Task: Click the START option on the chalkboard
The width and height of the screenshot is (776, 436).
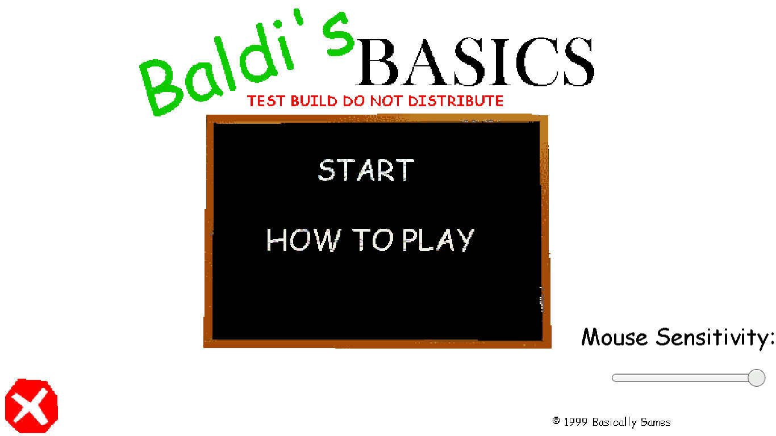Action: [x=366, y=170]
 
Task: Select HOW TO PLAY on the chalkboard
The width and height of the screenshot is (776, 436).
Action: [x=370, y=240]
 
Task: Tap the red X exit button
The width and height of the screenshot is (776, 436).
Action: [x=32, y=405]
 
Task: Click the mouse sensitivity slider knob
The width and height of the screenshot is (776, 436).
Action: [x=756, y=378]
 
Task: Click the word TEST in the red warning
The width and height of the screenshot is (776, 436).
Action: [x=266, y=101]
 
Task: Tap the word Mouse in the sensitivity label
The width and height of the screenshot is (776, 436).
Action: [x=615, y=337]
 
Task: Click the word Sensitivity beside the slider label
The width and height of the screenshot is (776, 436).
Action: [x=715, y=338]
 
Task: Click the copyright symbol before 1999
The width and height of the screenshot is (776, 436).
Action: [x=556, y=421]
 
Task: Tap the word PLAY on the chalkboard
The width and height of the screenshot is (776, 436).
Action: [x=438, y=240]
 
